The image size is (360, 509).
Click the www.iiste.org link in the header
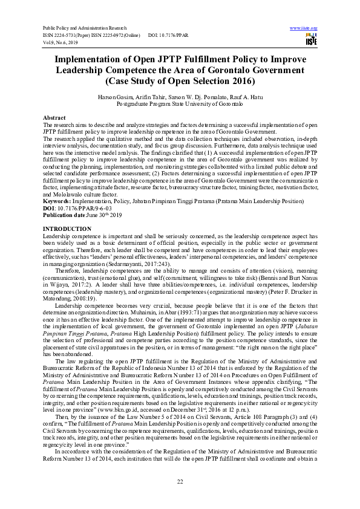(x=304, y=28)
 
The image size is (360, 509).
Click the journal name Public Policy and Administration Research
(x=83, y=28)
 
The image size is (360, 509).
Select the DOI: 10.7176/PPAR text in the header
(x=168, y=35)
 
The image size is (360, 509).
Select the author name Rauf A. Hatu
(x=247, y=97)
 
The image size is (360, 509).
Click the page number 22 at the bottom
(x=180, y=481)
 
